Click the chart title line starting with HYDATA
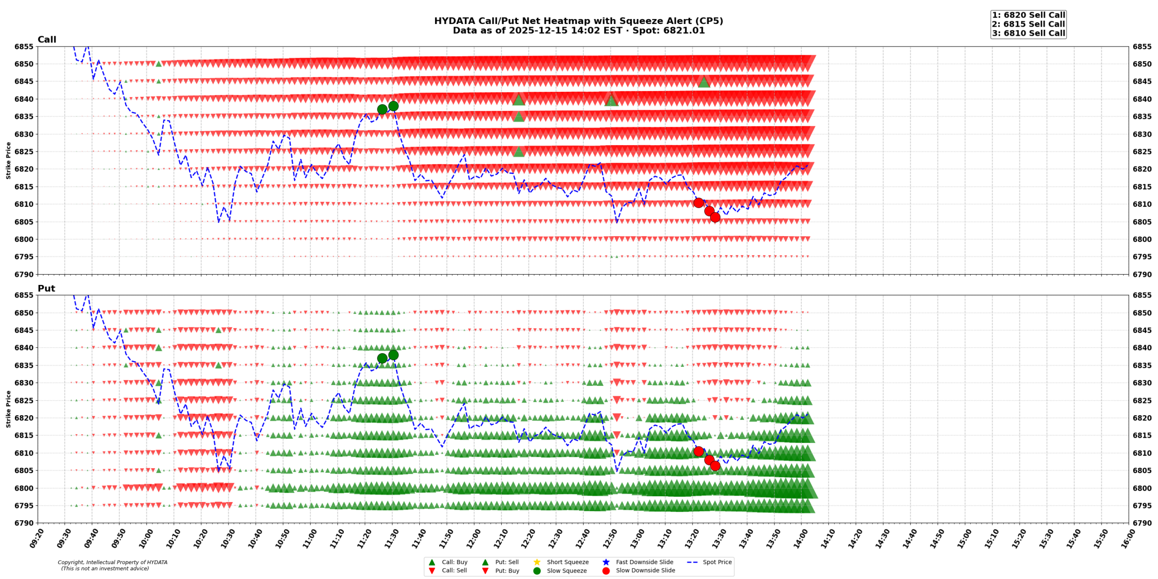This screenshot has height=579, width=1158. pyautogui.click(x=578, y=21)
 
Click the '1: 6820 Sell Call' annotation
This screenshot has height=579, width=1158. pyautogui.click(x=1028, y=15)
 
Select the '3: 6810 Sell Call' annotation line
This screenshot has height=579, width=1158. pyautogui.click(x=1028, y=33)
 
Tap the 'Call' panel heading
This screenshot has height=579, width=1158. pyautogui.click(x=47, y=39)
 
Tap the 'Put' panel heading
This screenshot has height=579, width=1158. pyautogui.click(x=46, y=288)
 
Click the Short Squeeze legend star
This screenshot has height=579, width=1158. pyautogui.click(x=536, y=562)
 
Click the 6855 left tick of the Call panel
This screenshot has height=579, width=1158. pyautogui.click(x=24, y=47)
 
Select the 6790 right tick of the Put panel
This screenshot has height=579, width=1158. pyautogui.click(x=1142, y=523)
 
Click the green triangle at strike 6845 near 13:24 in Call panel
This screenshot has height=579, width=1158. pyautogui.click(x=703, y=82)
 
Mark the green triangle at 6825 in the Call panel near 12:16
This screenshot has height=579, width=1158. pyautogui.click(x=518, y=152)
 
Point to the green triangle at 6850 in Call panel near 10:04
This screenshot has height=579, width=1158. pyautogui.click(x=158, y=64)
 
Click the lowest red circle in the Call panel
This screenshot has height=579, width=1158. pyautogui.click(x=715, y=217)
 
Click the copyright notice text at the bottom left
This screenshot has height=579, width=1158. pyautogui.click(x=112, y=565)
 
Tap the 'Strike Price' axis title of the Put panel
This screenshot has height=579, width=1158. pyautogui.click(x=8, y=409)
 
